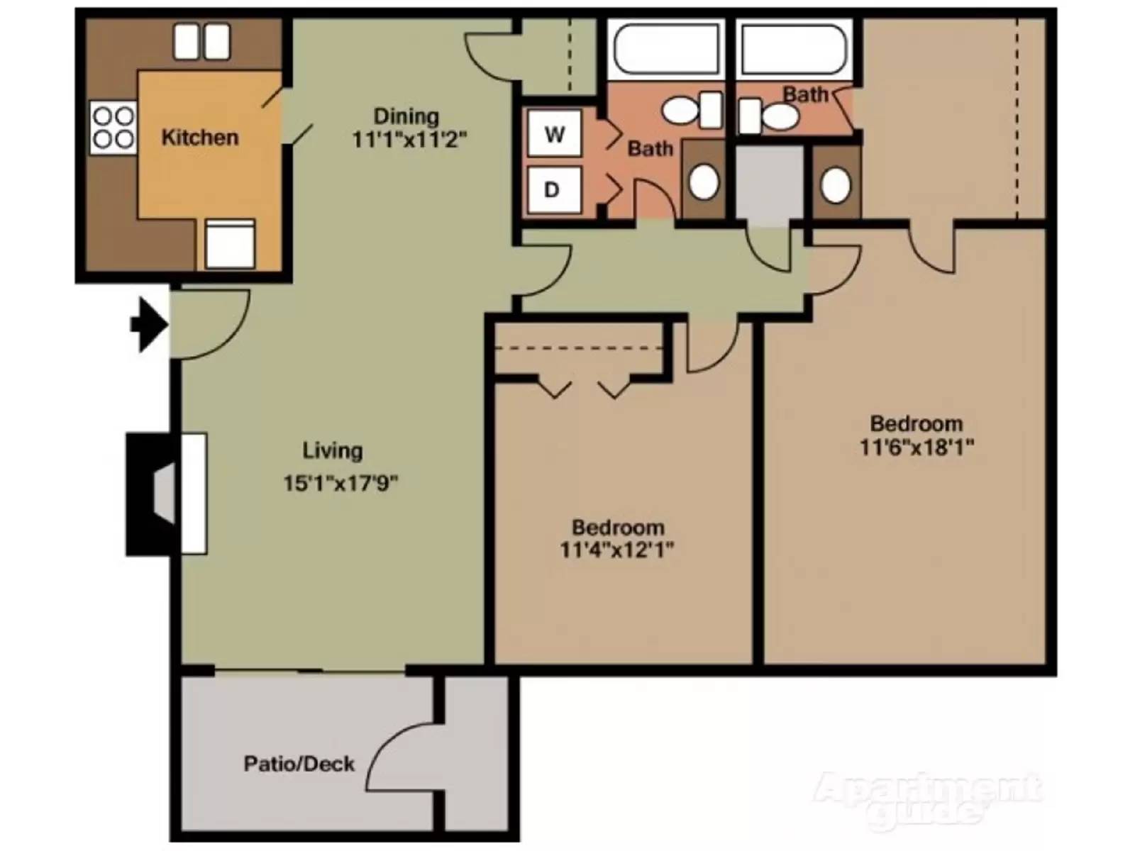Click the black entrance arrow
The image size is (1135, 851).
149,325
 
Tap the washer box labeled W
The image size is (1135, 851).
555,133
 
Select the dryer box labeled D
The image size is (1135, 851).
553,190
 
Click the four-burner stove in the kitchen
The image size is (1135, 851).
113,128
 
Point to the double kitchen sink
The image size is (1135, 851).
201,41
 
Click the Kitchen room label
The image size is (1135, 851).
199,138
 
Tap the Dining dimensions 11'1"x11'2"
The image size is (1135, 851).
409,140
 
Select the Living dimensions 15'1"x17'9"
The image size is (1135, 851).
340,484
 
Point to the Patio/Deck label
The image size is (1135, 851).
299,764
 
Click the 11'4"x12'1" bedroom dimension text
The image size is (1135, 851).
616,550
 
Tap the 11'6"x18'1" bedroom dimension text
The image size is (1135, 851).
917,447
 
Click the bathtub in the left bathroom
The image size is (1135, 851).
665,48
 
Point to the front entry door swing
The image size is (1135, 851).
209,323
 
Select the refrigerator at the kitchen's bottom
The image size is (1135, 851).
229,244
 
